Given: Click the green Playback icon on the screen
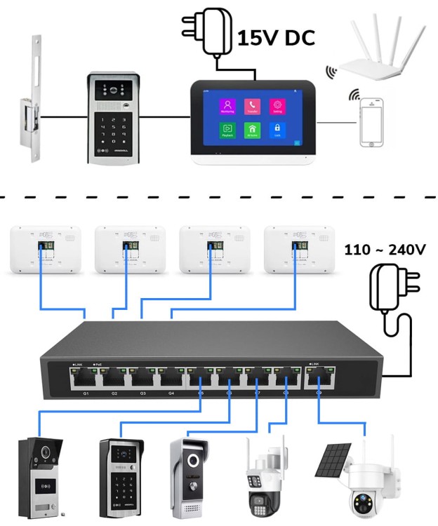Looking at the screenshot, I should [x=227, y=130].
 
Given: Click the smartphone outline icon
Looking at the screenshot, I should [x=372, y=123].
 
